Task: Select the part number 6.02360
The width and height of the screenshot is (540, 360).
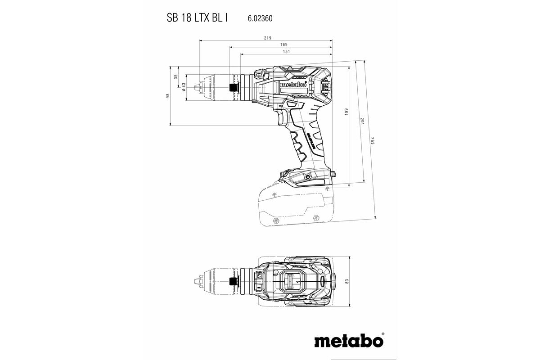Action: (x=260, y=19)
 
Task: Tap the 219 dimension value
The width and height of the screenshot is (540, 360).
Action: (x=267, y=38)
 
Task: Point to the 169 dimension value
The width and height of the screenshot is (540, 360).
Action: (x=283, y=45)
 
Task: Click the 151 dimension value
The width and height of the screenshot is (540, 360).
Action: (x=286, y=51)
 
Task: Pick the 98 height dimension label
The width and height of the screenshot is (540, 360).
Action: (x=167, y=96)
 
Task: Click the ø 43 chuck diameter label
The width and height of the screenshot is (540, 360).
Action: (x=184, y=87)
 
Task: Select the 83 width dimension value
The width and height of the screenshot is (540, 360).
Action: (x=346, y=281)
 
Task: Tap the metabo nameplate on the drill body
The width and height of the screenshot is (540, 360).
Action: (x=293, y=85)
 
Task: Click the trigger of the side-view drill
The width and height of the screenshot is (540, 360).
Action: (x=282, y=118)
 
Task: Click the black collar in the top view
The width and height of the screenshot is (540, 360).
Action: (x=233, y=281)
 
